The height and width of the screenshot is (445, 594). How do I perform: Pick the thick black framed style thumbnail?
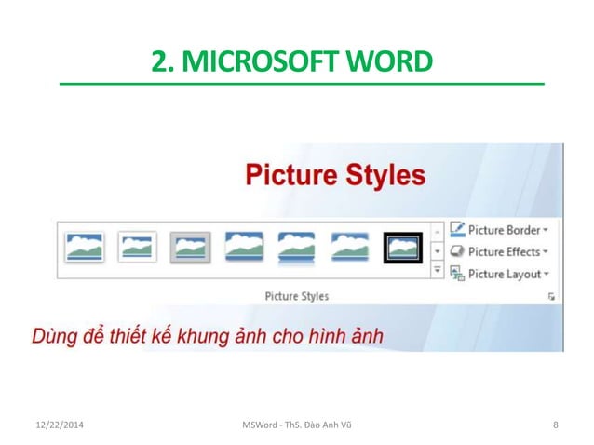pyautogui.click(x=403, y=248)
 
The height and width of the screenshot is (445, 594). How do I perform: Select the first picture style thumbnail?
pyautogui.click(x=85, y=248)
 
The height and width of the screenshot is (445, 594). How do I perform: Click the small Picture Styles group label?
pyautogui.click(x=296, y=296)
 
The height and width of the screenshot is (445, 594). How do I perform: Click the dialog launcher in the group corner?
pyautogui.click(x=552, y=296)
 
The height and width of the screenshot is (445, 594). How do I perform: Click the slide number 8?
pyautogui.click(x=555, y=425)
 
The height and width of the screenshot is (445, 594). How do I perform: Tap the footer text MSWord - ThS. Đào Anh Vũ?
pyautogui.click(x=296, y=425)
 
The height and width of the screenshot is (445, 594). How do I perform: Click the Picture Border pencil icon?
pyautogui.click(x=457, y=229)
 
